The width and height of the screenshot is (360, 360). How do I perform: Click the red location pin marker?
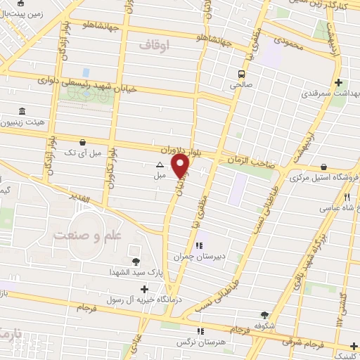(x=181, y=166)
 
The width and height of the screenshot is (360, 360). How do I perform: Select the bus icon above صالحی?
(x=241, y=73)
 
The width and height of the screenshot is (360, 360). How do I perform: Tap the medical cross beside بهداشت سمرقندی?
(x=339, y=82)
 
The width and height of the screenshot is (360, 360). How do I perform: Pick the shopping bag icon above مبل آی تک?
(x=84, y=141)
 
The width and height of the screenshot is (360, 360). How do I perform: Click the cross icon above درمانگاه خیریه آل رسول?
(x=145, y=288)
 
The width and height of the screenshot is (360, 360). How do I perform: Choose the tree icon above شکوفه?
(x=264, y=315)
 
